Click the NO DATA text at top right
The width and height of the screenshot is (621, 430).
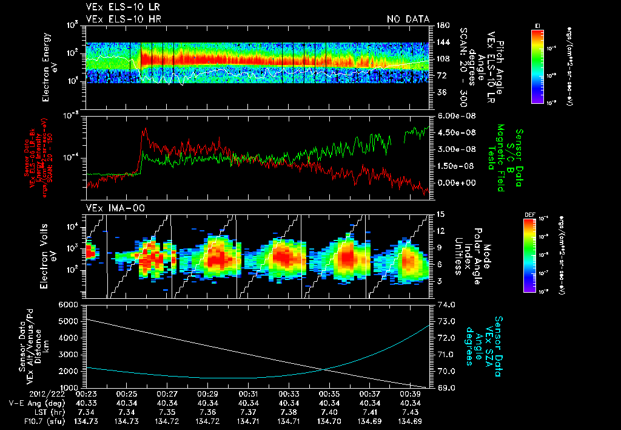(408, 19)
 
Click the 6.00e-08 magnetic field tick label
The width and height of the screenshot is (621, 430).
(452, 116)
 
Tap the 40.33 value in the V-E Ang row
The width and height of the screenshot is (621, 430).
(86, 403)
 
